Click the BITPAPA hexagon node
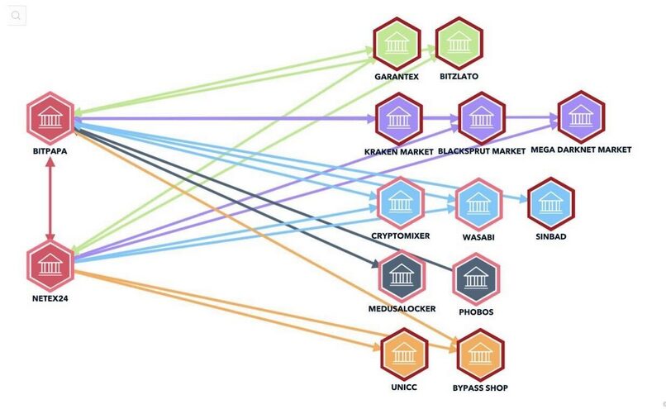pyautogui.click(x=50, y=117)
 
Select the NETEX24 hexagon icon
pyautogui.click(x=50, y=264)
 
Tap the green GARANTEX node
pyautogui.click(x=397, y=44)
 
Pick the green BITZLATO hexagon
pyautogui.click(x=459, y=44)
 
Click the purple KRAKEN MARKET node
pyautogui.click(x=399, y=118)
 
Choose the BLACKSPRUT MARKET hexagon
pyautogui.click(x=481, y=118)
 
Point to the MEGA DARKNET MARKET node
pyautogui.click(x=581, y=117)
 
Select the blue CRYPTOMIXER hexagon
pyautogui.click(x=400, y=202)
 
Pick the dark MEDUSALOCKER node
pyautogui.click(x=402, y=276)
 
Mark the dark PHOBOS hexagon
pyautogui.click(x=476, y=278)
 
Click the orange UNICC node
pyautogui.click(x=404, y=354)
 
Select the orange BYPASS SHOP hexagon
pyautogui.click(x=480, y=354)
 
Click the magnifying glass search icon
pyautogui.click(x=17, y=16)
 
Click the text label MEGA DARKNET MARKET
pyautogui.click(x=581, y=150)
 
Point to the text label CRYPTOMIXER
pyautogui.click(x=400, y=235)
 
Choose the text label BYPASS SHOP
pyautogui.click(x=480, y=388)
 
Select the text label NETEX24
pyautogui.click(x=50, y=298)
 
